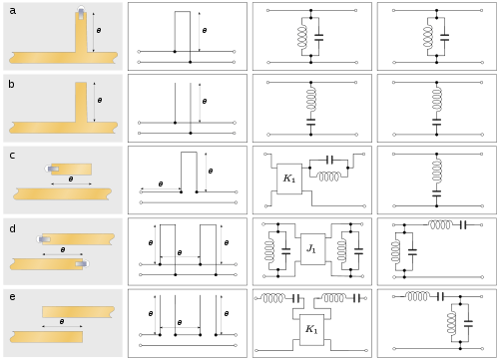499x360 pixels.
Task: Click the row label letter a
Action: [x=12, y=11]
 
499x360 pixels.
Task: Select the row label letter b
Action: [x=12, y=84]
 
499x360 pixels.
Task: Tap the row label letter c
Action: [x=12, y=156]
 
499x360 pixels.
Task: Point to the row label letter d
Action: [x=12, y=228]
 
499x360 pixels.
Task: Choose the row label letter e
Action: [x=12, y=297]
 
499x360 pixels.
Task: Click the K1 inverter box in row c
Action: [x=288, y=179]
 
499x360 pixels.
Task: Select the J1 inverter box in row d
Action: [x=311, y=248]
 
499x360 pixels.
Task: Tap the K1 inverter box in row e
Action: [x=311, y=329]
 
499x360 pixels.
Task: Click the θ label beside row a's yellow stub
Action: [x=98, y=31]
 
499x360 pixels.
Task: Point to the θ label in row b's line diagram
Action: [x=204, y=101]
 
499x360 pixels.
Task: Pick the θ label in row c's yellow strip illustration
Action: [x=70, y=180]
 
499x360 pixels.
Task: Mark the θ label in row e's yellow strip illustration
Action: [x=62, y=322]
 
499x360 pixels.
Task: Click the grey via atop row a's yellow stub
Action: [x=81, y=13]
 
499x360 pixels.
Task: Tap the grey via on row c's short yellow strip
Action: [x=52, y=169]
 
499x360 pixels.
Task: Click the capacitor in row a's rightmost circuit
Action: [x=444, y=37]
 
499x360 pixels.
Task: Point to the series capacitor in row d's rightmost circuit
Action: [x=462, y=225]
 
